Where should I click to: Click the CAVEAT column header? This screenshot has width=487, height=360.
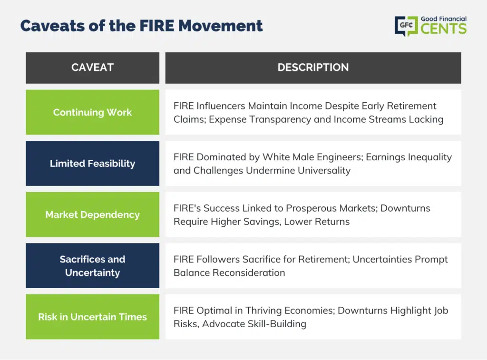tap(93, 68)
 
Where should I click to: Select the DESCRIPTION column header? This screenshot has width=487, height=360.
tap(313, 68)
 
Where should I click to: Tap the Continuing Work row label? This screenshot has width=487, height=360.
tap(93, 112)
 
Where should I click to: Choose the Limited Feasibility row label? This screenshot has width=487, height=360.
tap(93, 164)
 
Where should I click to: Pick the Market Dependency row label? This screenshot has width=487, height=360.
tap(93, 214)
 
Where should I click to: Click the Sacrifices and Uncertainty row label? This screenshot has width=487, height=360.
tap(93, 266)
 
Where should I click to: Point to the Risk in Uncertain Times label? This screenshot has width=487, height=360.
tap(93, 317)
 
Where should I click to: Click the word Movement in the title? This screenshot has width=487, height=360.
tap(221, 26)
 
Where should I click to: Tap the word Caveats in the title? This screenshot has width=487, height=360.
tap(52, 26)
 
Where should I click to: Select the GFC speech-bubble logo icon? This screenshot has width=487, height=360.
tap(406, 26)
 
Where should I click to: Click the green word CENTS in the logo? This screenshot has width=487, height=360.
tap(444, 29)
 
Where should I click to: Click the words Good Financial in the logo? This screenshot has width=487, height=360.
tap(444, 19)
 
